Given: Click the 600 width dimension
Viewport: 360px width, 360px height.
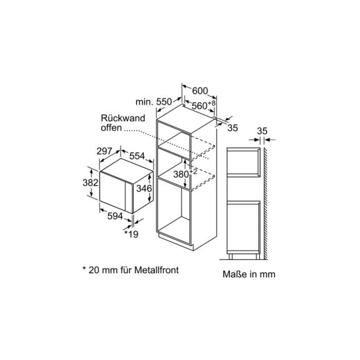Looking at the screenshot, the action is point(200,91).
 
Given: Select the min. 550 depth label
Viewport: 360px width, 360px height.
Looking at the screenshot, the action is point(154,102).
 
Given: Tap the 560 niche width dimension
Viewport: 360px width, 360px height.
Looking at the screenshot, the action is point(200,106).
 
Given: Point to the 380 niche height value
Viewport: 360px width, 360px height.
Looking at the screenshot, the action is point(181,174).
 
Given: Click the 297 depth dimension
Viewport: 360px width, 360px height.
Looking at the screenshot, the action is point(104,151).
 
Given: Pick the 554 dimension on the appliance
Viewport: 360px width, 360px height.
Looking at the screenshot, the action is point(137,156).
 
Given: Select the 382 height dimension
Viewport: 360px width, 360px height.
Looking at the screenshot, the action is point(91,183).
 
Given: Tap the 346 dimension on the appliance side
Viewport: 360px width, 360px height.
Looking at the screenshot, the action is point(144,189).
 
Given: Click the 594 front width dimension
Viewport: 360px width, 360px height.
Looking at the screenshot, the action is point(115,216).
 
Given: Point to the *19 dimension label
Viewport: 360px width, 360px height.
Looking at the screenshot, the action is point(131,234).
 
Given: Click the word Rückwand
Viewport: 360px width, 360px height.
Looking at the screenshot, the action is point(123,118).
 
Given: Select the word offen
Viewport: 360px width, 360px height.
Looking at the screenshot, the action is point(111,128).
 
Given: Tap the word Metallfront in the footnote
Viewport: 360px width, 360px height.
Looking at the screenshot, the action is point(156,270).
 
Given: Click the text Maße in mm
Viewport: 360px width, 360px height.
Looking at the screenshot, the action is point(249,274).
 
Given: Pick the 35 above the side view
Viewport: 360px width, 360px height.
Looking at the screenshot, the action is point(262,131).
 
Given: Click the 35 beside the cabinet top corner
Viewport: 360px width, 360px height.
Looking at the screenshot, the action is point(232,128).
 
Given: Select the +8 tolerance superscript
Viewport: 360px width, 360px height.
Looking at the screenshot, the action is point(212,103).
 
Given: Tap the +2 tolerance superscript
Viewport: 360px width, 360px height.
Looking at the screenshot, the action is point(193,172).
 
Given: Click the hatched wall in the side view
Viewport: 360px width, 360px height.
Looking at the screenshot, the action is point(266,204).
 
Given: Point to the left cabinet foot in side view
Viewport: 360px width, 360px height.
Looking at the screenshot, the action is point(231,257).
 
